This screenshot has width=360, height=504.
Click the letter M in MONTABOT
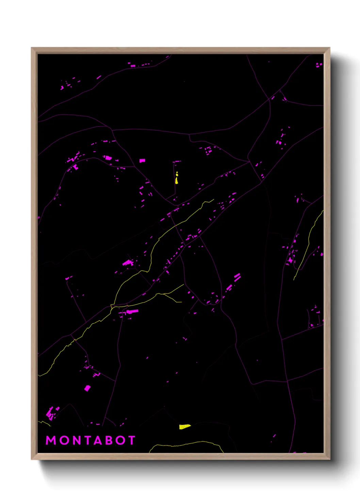pyautogui.click(x=51, y=440)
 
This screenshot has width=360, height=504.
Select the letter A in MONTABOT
pyautogui.click(x=99, y=440)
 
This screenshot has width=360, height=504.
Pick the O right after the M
pyautogui.click(x=64, y=440)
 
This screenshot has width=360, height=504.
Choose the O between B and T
pyautogui.click(x=121, y=440)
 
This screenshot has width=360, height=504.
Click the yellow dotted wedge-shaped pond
pyautogui.click(x=184, y=427)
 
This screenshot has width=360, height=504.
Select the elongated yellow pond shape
pyautogui.click(x=177, y=180)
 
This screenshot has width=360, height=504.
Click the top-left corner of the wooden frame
pyautogui.click(x=32, y=48)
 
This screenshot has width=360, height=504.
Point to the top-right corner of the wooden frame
pyautogui.click(x=329, y=48)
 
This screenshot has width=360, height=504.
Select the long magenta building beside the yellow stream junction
pyautogui.click(x=132, y=311)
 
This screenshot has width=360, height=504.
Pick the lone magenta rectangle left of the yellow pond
pyautogui.click(x=142, y=160)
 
